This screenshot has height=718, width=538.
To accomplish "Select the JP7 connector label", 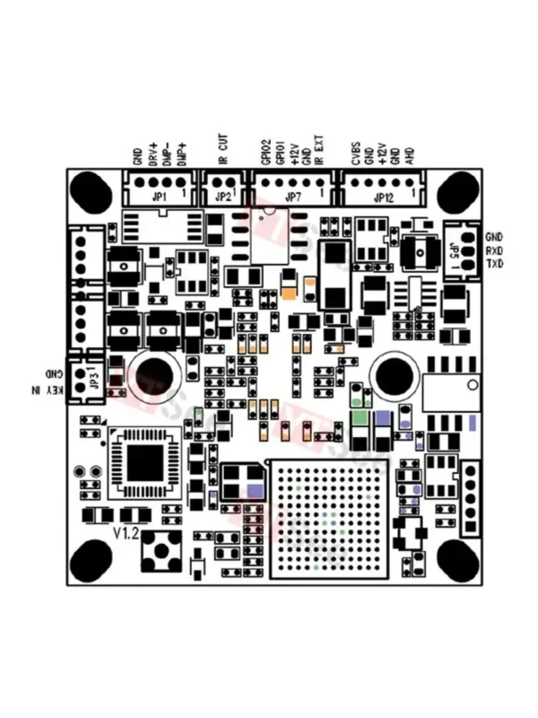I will pos(292,197).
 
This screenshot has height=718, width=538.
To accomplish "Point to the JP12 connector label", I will pos(383,197).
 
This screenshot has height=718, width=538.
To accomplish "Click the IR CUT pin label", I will pos(223,149).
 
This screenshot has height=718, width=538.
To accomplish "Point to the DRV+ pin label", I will pos(153,153).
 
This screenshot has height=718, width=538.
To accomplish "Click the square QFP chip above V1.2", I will pos(145,463).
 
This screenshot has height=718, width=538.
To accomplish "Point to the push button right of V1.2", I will pos(162,549).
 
